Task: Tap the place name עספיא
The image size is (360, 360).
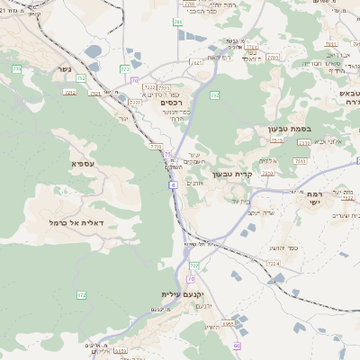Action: [84, 164]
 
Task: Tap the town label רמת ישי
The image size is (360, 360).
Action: [315, 199]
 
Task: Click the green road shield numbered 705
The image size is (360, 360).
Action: [17, 69]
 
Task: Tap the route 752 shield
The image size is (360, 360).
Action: [82, 78]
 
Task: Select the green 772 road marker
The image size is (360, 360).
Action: [125, 68]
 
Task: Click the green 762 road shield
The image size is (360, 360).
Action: [215, 94]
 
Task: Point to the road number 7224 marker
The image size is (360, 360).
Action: [274, 263]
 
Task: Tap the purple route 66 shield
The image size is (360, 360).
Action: [237, 346]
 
